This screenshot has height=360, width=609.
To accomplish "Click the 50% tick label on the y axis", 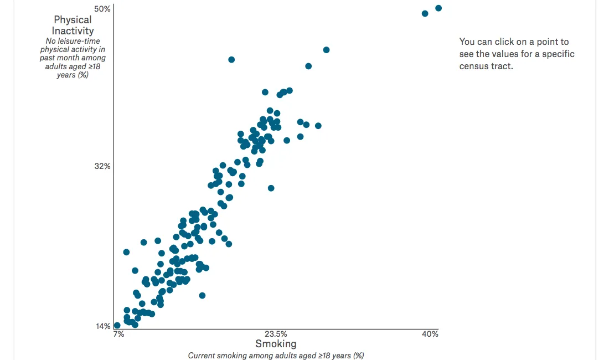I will point(102,9).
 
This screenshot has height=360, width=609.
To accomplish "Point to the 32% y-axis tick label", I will point(102,166).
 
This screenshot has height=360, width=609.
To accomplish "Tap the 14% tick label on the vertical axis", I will point(102,326).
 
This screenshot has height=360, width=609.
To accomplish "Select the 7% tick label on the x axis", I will point(118,334).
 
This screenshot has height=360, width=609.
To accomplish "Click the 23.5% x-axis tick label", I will point(276,334).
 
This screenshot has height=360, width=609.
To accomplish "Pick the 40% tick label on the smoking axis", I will point(430,334).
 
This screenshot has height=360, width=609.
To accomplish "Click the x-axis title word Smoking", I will point(276,344).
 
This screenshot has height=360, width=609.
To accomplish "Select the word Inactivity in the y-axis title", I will point(73,31).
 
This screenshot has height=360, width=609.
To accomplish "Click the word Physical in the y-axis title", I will point(73,20).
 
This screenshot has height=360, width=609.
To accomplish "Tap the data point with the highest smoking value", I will point(438,8).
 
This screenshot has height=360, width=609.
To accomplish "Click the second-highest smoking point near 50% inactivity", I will point(425,13).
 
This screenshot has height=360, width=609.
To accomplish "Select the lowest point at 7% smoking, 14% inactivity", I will point(117,326).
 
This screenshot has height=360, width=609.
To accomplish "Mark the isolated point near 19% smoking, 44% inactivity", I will point(231,59).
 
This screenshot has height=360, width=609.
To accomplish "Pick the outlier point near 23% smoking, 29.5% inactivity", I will point(271,188).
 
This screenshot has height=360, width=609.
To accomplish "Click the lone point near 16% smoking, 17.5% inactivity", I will point(202,295).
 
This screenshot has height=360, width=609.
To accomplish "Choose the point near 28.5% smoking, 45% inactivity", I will point(326,50).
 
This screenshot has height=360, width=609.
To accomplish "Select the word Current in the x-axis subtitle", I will point(202,356).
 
